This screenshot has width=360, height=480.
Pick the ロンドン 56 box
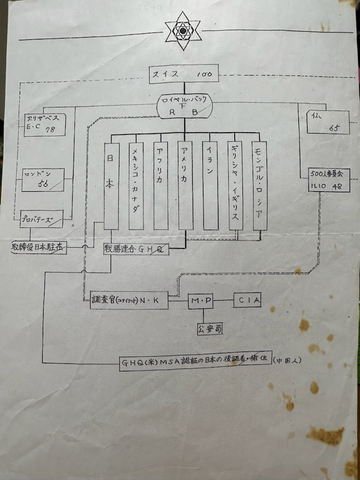(43, 180)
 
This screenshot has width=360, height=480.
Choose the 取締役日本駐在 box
(39, 247)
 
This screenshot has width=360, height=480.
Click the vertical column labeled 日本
(111, 186)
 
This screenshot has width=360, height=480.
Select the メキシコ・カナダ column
(136, 186)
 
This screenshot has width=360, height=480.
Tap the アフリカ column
(161, 186)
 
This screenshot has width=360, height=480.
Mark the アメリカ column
(186, 186)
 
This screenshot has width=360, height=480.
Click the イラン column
(210, 186)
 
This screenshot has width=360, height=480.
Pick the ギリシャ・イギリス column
(235, 186)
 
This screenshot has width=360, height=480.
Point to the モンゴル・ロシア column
(259, 186)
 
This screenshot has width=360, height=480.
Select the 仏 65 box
(328, 122)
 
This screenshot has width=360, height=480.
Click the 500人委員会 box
(327, 179)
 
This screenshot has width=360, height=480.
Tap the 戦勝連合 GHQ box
(136, 249)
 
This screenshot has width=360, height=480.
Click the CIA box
(247, 300)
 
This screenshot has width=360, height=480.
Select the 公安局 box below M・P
(210, 329)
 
